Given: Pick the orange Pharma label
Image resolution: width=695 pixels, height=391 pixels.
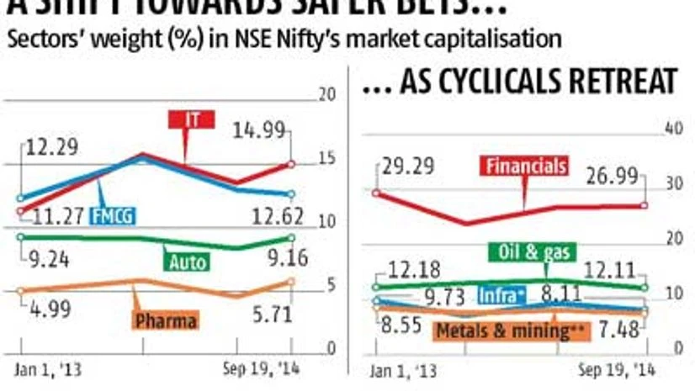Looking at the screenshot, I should (165, 320).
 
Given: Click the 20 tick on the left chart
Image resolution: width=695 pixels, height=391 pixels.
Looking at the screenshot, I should (327, 94).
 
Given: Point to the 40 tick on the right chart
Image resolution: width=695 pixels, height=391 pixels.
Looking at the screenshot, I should (671, 128).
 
